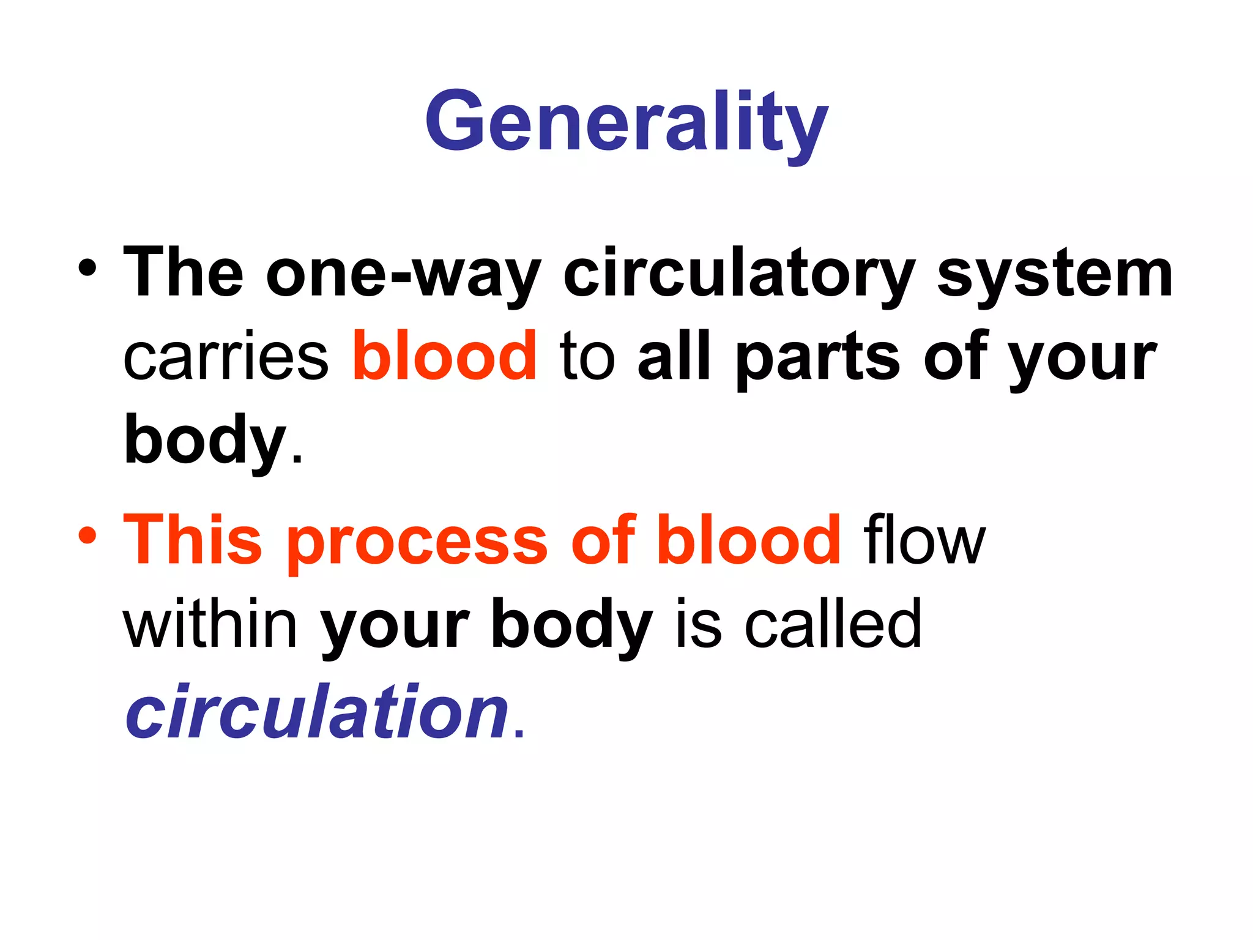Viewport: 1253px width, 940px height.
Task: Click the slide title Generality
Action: pyautogui.click(x=626, y=122)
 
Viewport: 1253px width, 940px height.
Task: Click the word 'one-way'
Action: pyautogui.click(x=403, y=274)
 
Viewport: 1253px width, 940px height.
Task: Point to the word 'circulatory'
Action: pyautogui.click(x=738, y=274)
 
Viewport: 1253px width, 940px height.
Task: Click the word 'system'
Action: pyautogui.click(x=1054, y=274)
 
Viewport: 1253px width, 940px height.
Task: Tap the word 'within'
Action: pyautogui.click(x=210, y=624)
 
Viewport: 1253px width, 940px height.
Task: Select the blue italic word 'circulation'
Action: pyautogui.click(x=317, y=712)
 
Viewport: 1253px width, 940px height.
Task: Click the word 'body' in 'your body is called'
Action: pyautogui.click(x=571, y=624)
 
